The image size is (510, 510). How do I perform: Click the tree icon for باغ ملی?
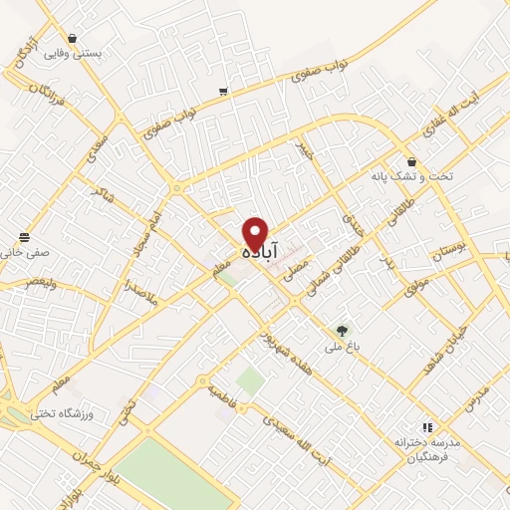point(343,331)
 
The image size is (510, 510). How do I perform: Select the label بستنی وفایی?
point(79,54)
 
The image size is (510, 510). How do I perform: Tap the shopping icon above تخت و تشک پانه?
point(411,162)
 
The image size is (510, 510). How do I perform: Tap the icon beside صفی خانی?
point(23,237)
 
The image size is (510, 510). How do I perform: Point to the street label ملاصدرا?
point(132,296)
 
